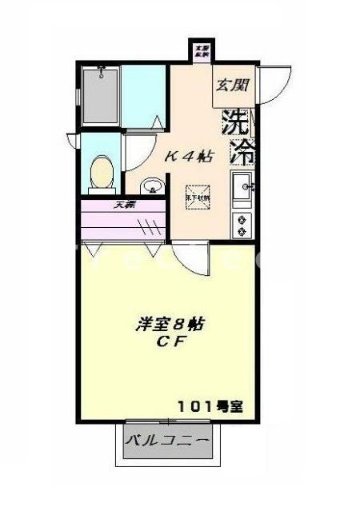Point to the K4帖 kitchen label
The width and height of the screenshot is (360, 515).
coord(189,157)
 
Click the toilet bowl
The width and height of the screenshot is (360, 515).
coord(101,173)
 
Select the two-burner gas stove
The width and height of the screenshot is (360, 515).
coord(241,224)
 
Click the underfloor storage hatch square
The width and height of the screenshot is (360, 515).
coord(198,197)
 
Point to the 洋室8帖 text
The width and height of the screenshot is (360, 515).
coord(170,325)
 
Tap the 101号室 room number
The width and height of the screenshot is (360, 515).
coord(210,405)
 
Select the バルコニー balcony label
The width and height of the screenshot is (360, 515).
coord(168,441)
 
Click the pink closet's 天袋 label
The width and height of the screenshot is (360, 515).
coord(124,206)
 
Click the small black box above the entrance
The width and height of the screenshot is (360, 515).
coord(202,50)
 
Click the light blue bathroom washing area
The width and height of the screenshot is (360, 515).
coord(144,97)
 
